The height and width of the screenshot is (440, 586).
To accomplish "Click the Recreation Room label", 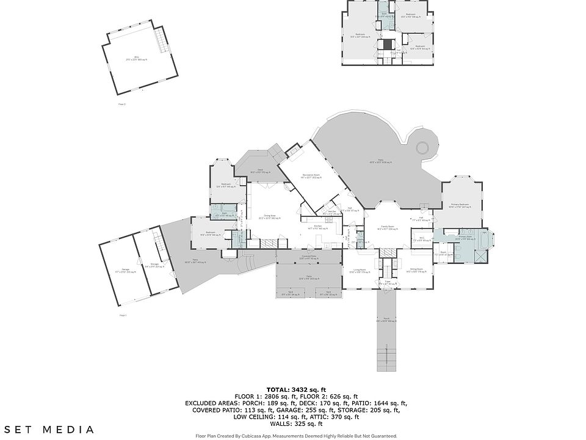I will [x=311, y=176].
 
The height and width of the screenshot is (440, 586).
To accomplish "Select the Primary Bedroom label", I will [x=460, y=205].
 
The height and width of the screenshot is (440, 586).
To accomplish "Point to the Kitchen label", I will [x=318, y=226].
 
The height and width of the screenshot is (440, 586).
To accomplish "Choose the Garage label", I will [x=125, y=269].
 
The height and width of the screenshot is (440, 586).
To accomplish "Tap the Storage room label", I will [x=151, y=265].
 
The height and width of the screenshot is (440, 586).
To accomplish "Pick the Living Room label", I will [x=359, y=270].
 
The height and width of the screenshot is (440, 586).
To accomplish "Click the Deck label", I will [x=260, y=170].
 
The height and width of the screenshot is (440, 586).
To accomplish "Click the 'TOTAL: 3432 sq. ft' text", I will [x=296, y=390].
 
